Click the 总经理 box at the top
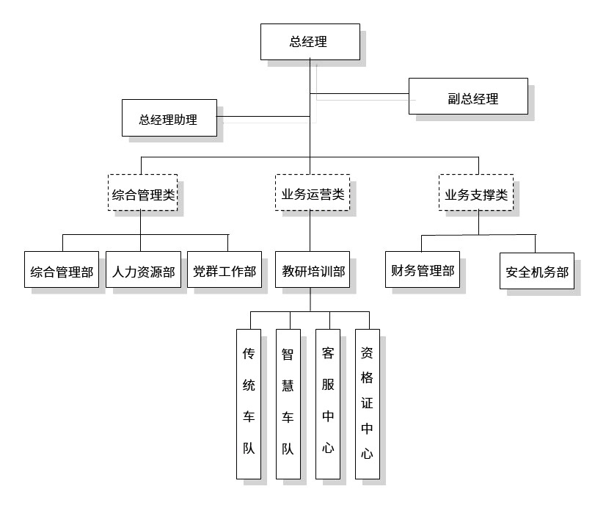(310, 42)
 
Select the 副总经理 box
(467, 97)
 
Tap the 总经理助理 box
(169, 117)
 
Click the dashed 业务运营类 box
(312, 194)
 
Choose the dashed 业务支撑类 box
(476, 194)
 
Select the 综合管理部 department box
(62, 272)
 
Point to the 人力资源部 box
(143, 272)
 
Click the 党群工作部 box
(224, 272)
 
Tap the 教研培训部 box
(313, 272)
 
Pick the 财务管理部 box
(422, 272)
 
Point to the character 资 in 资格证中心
(368, 353)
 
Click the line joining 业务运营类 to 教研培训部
(310, 231)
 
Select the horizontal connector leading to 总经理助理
(264, 116)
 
